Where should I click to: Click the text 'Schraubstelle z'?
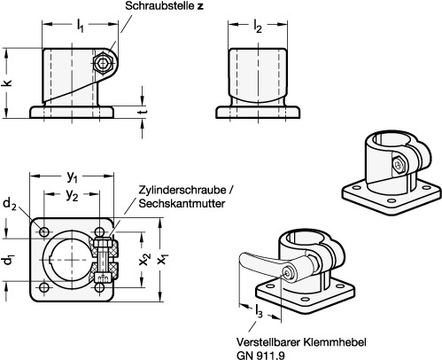pos(164,6)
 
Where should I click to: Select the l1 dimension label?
pos(81,25)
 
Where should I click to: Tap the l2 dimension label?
pos(258,27)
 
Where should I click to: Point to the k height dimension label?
pos(8,82)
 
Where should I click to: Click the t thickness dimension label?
pos(143,112)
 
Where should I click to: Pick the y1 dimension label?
pos(72,176)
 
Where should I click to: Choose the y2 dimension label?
pos(73,195)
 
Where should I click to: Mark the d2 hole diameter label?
pos(10,204)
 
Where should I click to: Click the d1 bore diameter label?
pos(9,260)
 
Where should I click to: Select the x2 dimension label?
pos(145,260)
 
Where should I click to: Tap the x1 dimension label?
pos(163,259)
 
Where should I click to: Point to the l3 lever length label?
pos(259,310)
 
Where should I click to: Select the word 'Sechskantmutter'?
pos(182,203)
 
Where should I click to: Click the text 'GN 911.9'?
pos(260,355)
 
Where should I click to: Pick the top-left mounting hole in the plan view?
pos(44,231)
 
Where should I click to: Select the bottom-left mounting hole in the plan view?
pos(44,287)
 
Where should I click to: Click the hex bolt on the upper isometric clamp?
pos(399,164)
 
